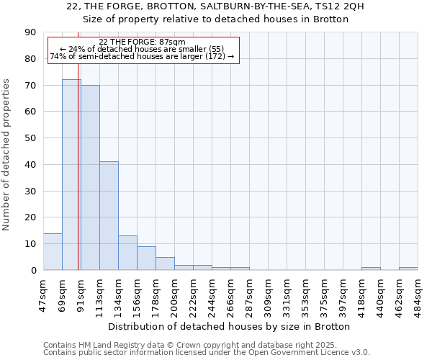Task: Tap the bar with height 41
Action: tap(109, 216)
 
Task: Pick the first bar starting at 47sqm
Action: tap(53, 252)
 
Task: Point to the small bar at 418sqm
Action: tap(371, 269)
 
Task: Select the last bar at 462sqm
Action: tap(408, 269)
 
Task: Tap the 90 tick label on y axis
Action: tap(30, 32)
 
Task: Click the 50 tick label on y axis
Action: tap(30, 138)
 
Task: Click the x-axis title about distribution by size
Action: tap(231, 326)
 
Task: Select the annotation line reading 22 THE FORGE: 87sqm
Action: tap(143, 42)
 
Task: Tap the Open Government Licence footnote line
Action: tap(207, 352)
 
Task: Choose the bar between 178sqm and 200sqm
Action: tap(165, 264)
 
